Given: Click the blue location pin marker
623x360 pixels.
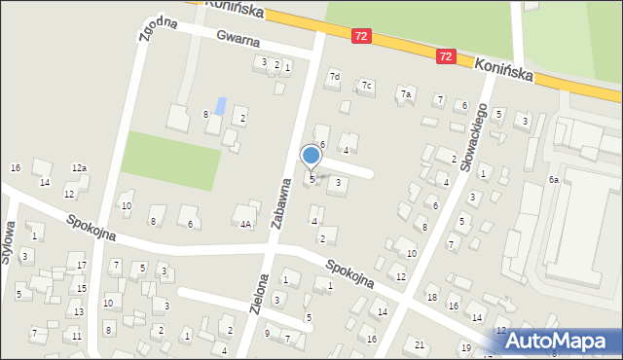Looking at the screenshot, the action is click(x=311, y=156).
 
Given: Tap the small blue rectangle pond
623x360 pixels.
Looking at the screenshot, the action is click(x=222, y=105).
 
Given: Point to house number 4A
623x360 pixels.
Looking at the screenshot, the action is click(x=246, y=225).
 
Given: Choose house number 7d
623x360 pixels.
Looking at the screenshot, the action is click(x=334, y=76).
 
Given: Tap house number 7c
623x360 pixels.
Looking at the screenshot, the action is click(x=367, y=86).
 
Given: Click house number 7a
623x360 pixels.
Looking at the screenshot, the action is click(x=407, y=93).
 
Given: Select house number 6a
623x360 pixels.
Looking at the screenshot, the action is click(x=553, y=180).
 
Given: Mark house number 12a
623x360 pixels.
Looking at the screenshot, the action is click(x=79, y=169).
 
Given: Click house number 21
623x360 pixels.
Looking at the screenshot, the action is click(x=420, y=345).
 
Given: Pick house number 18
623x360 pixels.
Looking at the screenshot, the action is click(x=431, y=297).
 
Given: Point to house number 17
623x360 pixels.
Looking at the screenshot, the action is click(x=82, y=266).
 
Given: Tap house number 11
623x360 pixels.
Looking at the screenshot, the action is click(x=76, y=337).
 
